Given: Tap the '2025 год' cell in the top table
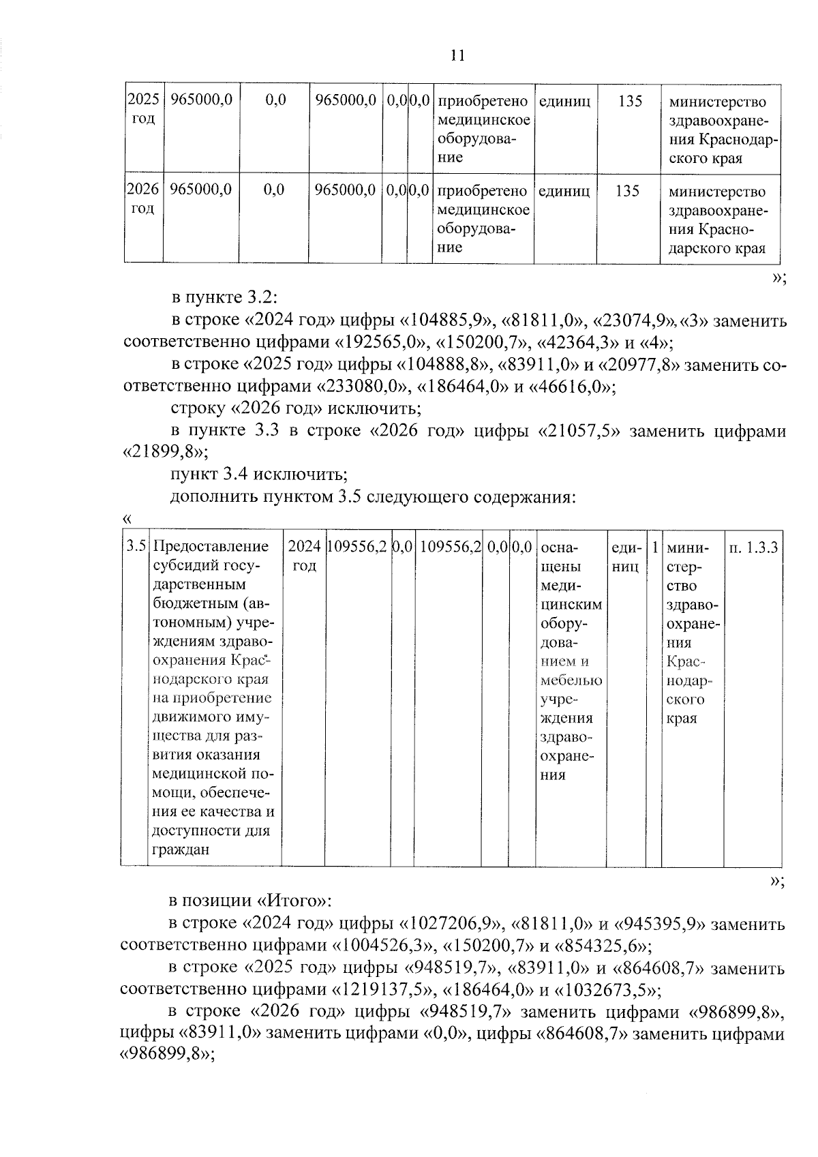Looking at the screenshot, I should click(x=143, y=109).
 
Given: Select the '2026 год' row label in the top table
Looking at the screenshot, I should click(x=143, y=198).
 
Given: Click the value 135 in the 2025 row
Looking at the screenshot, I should click(x=629, y=101).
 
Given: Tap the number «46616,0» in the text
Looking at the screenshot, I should click(x=571, y=387).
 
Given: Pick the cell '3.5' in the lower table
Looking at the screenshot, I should click(x=136, y=547).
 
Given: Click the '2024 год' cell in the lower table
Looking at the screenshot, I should click(x=304, y=556).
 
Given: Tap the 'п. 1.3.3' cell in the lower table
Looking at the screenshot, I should click(x=753, y=547).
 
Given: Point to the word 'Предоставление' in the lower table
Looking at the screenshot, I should click(x=211, y=547).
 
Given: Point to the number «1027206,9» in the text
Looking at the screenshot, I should click(x=453, y=925).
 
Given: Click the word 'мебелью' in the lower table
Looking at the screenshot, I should click(x=571, y=680).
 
